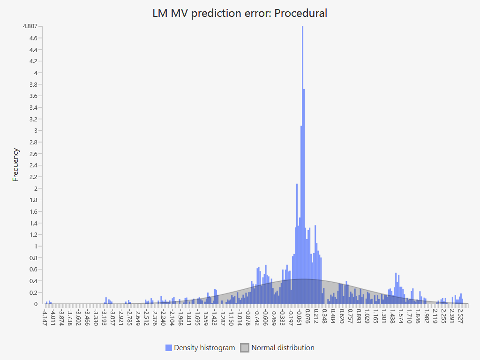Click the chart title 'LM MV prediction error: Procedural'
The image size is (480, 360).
tap(240, 13)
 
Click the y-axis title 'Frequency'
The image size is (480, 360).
tap(15, 165)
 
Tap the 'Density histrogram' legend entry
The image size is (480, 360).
tap(204, 348)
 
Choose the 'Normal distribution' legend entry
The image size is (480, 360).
tap(283, 348)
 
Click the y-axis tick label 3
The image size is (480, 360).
tap(35, 130)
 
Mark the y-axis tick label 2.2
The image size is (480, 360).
tap(33, 177)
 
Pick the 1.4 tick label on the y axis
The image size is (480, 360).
tap(33, 223)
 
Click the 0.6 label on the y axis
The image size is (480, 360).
tap(33, 269)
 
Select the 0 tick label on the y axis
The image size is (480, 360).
tap(35, 304)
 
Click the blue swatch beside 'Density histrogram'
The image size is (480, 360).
tap(169, 348)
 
